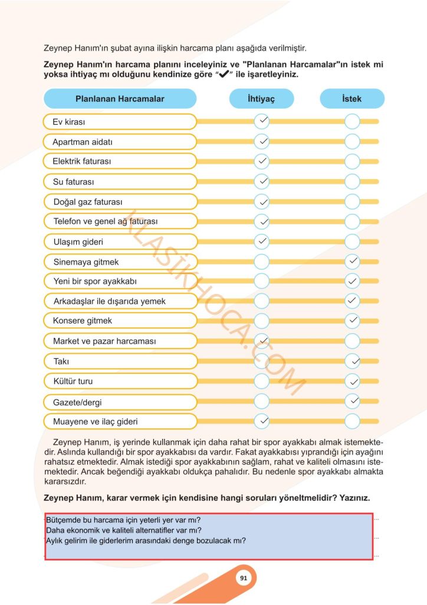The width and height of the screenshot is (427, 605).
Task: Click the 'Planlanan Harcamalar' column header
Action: point(120,99)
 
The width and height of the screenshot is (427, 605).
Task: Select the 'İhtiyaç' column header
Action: point(261,99)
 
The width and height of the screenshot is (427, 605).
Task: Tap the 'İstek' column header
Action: point(352,99)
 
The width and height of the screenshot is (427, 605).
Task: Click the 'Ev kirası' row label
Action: point(69,122)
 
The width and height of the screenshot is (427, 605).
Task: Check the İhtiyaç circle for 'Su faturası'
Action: point(262,181)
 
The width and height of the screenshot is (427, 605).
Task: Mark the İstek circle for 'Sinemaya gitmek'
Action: point(352,261)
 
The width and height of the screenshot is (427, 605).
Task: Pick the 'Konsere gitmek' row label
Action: point(82,321)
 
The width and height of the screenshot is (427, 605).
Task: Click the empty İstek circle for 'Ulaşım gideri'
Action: point(352,241)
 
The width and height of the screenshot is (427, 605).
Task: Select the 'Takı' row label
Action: point(61,361)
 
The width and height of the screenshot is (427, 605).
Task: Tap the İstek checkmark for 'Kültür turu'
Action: point(352,380)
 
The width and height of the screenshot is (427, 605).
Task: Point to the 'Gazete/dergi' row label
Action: point(77,402)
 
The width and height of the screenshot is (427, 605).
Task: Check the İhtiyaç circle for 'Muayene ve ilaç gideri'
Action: point(262,421)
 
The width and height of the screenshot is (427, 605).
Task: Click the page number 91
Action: point(243,578)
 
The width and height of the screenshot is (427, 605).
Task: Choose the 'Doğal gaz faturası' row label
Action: point(88,201)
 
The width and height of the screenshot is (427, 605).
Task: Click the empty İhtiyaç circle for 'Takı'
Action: point(262,360)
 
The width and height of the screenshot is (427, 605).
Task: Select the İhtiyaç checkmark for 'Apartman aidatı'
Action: point(262,142)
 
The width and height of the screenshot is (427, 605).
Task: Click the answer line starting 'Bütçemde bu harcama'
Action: point(123,520)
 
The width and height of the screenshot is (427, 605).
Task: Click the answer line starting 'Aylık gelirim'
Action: point(146,540)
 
